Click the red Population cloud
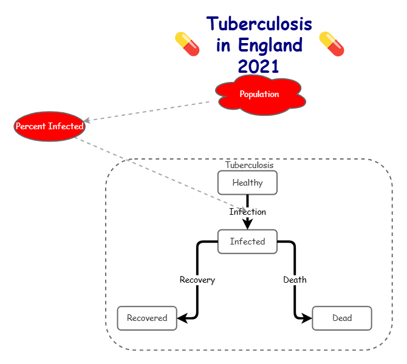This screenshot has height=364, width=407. coord(259,95)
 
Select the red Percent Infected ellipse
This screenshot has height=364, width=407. coord(49,126)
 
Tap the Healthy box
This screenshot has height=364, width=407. coord(247,183)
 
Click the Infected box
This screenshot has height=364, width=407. coord(247,241)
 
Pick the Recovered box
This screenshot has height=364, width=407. coord(147,318)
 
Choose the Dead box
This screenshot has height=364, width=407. coord(341,318)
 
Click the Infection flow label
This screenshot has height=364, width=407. coord(247,212)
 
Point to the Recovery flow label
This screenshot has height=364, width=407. coord(197,280)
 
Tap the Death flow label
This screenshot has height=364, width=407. coord(295,280)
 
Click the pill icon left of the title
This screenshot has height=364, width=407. coord(187,44)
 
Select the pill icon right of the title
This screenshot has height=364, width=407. coord(332,44)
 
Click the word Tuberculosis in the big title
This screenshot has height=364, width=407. coord(259,24)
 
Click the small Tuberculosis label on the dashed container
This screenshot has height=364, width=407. coord(249,165)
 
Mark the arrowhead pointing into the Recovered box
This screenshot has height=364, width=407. coord(182,318)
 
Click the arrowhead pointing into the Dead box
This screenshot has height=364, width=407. coord(307,318)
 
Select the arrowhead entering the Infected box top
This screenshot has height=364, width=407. coord(247,224)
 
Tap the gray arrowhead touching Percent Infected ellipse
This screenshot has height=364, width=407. coord(87,121)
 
